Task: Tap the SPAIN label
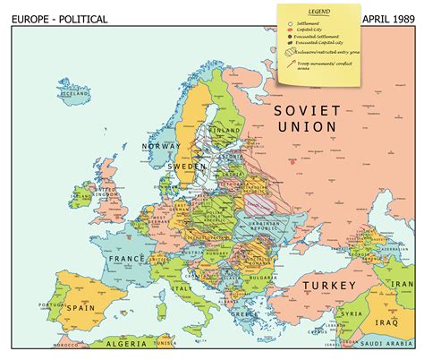(x=83, y=319)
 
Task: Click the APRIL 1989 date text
(x=390, y=19)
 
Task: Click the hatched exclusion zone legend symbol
(x=288, y=53)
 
